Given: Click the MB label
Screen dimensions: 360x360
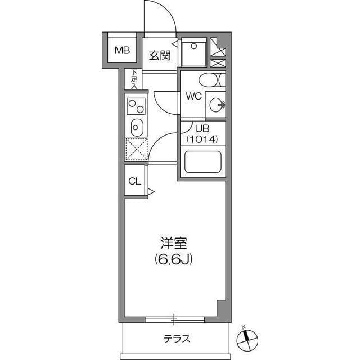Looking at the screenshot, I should (x=122, y=51).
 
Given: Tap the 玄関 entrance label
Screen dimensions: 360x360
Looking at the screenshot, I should (x=160, y=55).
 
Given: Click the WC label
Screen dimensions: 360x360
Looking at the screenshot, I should (x=193, y=95).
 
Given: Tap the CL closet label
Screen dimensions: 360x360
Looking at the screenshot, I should (x=135, y=181).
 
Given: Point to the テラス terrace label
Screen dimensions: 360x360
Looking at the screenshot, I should (x=177, y=339).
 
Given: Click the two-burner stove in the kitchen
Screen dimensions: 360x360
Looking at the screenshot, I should (x=135, y=105).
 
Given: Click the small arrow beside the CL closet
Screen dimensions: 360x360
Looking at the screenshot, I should (x=150, y=192).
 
